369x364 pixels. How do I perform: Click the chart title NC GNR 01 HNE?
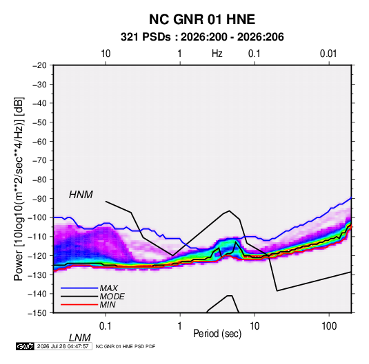point(202,19)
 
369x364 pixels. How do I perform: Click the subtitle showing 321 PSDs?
point(202,37)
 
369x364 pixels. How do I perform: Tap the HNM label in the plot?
point(81,195)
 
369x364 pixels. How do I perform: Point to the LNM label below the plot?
point(79,338)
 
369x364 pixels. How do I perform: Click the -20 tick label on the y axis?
point(39,65)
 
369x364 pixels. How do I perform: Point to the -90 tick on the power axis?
point(39,198)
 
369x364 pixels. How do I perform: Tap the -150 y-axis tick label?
point(37,313)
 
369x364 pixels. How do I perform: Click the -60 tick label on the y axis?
point(39,141)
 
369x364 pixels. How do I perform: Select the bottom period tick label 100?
point(329,326)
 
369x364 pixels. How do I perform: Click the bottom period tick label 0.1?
point(106,326)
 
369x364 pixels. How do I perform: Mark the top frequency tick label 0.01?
point(328,54)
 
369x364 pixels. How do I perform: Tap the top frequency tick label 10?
point(106,54)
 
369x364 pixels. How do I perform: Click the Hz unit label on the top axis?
point(217,54)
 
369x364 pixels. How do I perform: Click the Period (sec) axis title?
point(217,334)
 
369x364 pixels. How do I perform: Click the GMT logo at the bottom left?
point(25,346)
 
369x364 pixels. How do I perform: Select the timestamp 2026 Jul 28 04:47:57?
point(63,346)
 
